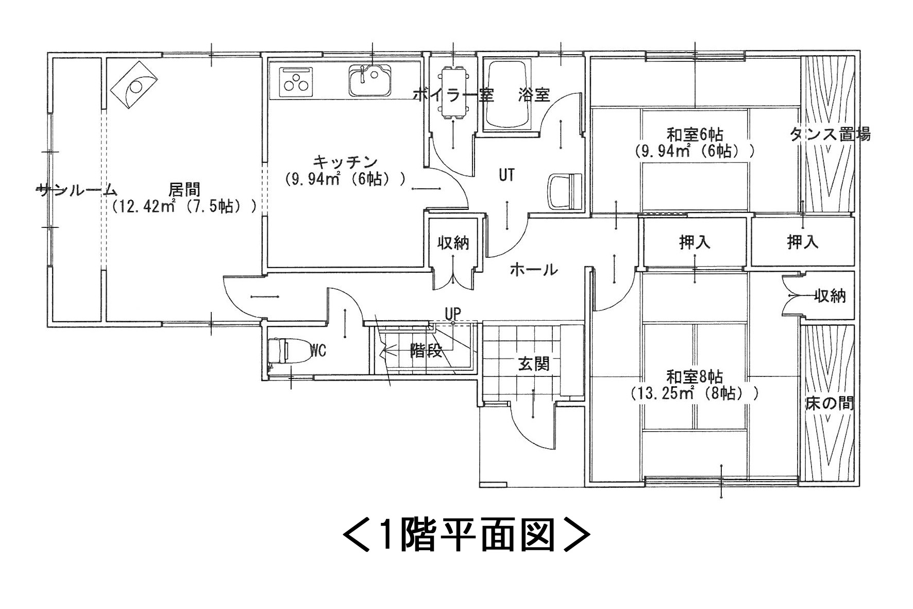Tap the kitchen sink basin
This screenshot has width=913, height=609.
point(370,80)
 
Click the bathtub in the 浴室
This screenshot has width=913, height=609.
point(508,96)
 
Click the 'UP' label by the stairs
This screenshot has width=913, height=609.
point(453,313)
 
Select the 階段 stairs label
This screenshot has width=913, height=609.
point(426,351)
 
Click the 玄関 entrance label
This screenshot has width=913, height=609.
point(534,364)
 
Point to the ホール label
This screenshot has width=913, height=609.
point(534,269)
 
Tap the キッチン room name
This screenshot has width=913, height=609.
point(345,161)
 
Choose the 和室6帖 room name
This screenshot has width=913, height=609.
point(695,135)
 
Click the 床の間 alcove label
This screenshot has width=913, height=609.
point(830,403)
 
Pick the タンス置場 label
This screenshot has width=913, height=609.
point(830,135)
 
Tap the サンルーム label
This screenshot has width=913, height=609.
point(77,190)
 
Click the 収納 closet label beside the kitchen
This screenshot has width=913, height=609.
point(453,243)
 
